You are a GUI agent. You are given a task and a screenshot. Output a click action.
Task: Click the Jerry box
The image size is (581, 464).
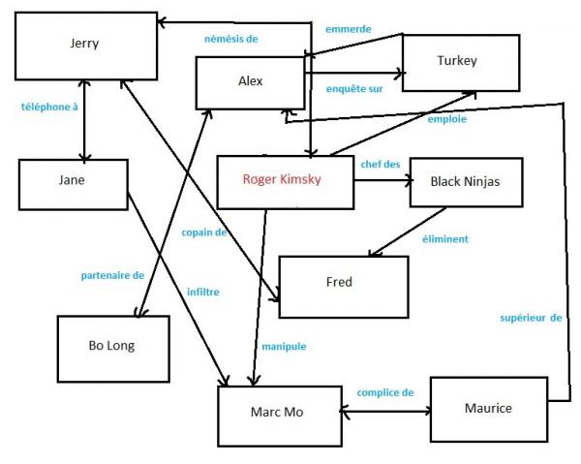[86, 46]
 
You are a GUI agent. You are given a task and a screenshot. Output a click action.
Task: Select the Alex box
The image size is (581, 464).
[251, 83]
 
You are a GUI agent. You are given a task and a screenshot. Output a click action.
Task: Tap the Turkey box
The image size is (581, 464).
[461, 63]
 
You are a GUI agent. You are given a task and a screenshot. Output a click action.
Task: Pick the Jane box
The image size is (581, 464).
[74, 185]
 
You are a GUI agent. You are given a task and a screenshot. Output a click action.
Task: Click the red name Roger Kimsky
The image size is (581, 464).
[282, 179]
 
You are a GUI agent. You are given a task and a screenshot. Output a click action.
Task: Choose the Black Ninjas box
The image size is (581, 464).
[466, 182]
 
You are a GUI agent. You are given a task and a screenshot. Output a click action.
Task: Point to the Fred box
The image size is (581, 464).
[344, 287]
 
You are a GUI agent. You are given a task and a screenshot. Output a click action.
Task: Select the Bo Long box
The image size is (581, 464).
[113, 349]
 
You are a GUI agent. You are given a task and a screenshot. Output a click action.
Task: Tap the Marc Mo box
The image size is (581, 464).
[280, 416]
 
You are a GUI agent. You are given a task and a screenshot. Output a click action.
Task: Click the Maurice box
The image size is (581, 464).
[489, 409]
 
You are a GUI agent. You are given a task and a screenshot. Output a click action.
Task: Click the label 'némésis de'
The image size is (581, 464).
[231, 39]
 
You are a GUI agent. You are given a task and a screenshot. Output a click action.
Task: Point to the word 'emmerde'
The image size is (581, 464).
[349, 29]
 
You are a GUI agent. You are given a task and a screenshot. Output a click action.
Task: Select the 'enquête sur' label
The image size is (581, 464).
[354, 89]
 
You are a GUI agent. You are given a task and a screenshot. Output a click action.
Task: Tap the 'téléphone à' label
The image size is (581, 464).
[49, 108]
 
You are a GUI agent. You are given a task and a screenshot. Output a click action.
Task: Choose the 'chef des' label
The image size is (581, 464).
[381, 164]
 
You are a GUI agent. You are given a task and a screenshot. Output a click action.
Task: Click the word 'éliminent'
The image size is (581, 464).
[445, 239]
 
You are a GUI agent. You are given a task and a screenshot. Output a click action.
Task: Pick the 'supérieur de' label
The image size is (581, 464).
[531, 318]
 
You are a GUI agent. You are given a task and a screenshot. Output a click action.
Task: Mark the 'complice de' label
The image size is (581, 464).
[385, 392]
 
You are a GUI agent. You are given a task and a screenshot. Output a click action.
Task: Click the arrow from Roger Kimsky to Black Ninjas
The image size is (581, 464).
[383, 180]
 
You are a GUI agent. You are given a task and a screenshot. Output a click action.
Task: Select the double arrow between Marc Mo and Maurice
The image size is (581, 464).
[385, 411]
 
